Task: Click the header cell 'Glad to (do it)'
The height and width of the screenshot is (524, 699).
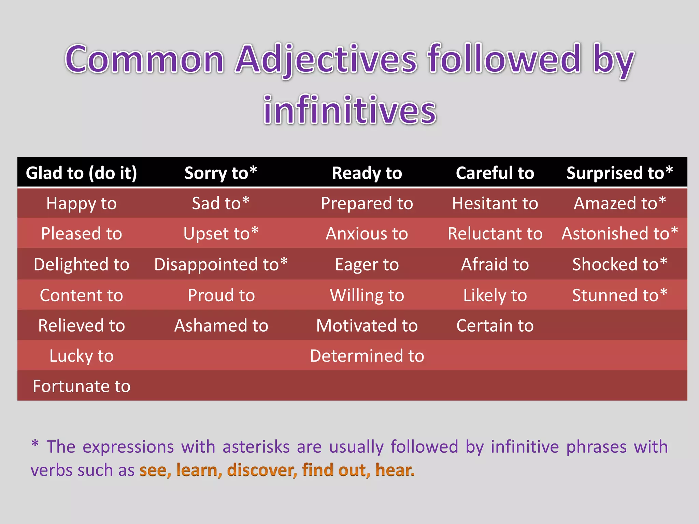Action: pos(81,173)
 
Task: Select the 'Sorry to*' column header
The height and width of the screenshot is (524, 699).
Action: pos(221,173)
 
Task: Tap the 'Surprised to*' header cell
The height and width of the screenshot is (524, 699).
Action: pos(619,173)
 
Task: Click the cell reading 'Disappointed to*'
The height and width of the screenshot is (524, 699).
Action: pos(221,264)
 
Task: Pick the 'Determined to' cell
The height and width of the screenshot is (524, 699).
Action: pos(367,356)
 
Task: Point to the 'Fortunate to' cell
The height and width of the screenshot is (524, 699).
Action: pos(81,386)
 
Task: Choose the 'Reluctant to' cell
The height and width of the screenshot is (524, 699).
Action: pos(495,234)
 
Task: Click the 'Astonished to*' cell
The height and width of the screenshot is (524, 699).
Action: pos(619,234)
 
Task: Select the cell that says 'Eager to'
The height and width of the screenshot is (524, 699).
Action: pos(367,264)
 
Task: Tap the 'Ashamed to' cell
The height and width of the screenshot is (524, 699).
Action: pos(221,325)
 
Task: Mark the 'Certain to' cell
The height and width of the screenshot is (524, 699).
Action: pos(495,325)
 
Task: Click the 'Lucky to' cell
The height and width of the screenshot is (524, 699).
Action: pos(81,356)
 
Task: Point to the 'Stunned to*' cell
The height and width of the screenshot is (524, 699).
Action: pos(619,295)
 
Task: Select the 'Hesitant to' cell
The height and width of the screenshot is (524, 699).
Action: pos(495,203)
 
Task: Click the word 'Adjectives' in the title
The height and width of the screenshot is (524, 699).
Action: pos(326,60)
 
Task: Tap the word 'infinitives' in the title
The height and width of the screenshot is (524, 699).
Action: pos(349,110)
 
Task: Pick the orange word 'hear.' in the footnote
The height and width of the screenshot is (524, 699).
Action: pos(395,470)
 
